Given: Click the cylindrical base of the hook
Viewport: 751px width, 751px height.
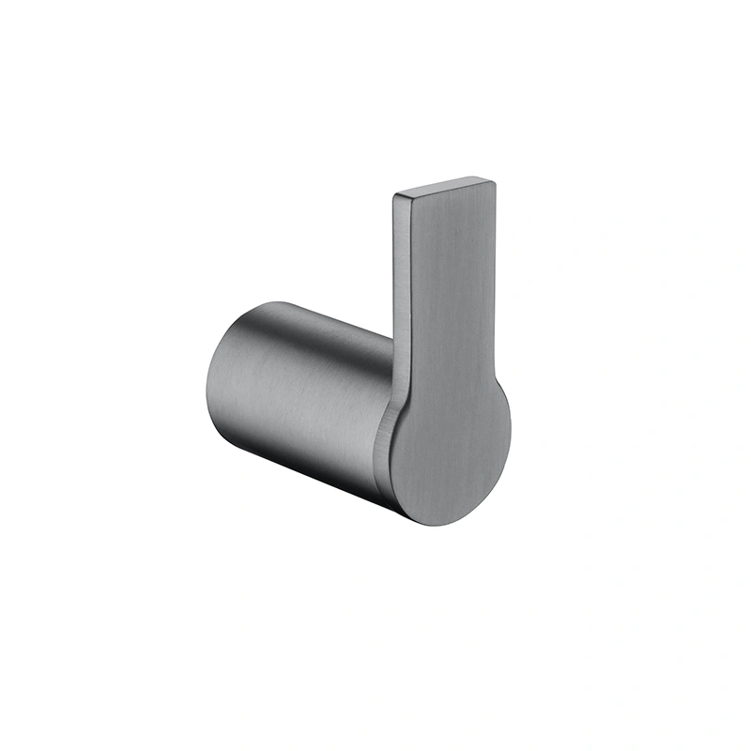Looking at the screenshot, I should coord(300,394).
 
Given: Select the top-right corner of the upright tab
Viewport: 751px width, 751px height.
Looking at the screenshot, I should coord(494,179).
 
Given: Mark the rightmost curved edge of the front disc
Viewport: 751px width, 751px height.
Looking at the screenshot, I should coord(511,441).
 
